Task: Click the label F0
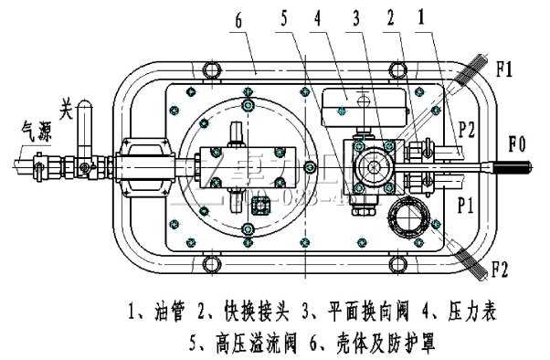pyautogui.click(x=519, y=143)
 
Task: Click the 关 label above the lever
pyautogui.click(x=65, y=107)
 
